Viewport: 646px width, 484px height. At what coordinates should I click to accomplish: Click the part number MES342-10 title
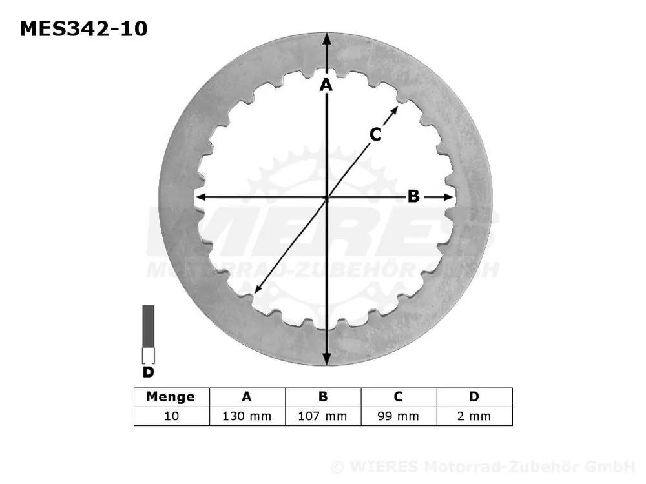[83, 29]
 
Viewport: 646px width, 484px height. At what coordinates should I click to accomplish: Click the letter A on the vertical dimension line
[326, 85]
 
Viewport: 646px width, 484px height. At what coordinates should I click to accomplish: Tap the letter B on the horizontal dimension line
[413, 196]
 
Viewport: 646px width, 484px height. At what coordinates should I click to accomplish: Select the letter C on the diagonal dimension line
[375, 135]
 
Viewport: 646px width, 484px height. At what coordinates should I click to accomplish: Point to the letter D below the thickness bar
[148, 372]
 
